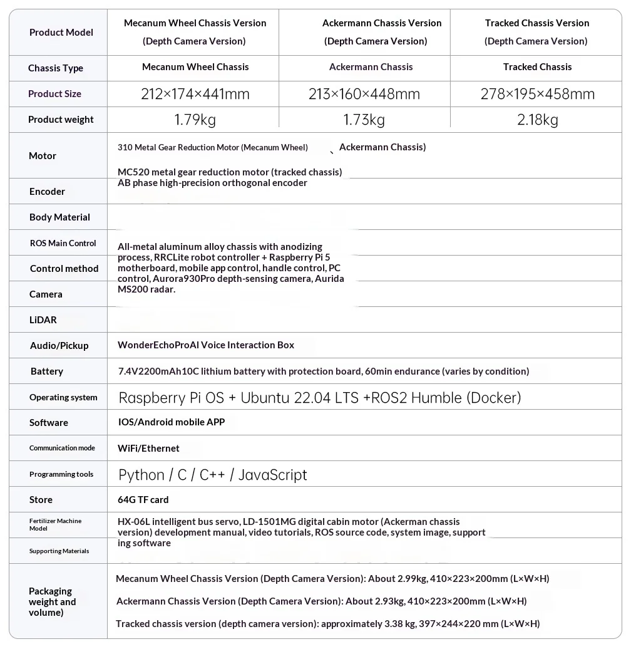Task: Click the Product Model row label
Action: click(61, 33)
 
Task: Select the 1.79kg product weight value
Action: click(195, 120)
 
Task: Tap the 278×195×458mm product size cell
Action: click(537, 94)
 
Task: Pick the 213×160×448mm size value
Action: click(364, 94)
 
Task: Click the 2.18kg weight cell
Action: click(537, 120)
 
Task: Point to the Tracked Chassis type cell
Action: click(537, 67)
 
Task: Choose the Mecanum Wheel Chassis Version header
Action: click(195, 32)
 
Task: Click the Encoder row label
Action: click(47, 192)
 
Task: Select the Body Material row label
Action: click(59, 217)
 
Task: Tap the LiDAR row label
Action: click(43, 320)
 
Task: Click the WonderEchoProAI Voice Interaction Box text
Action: click(206, 345)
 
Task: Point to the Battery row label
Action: click(46, 371)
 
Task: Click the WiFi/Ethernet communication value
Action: click(148, 449)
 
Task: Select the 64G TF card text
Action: click(143, 500)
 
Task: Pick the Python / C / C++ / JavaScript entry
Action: click(213, 475)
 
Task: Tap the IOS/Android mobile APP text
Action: click(171, 422)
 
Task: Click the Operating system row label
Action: click(63, 397)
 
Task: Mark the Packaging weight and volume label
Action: click(52, 601)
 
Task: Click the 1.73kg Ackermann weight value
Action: click(364, 120)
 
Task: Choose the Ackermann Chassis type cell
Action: click(371, 67)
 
